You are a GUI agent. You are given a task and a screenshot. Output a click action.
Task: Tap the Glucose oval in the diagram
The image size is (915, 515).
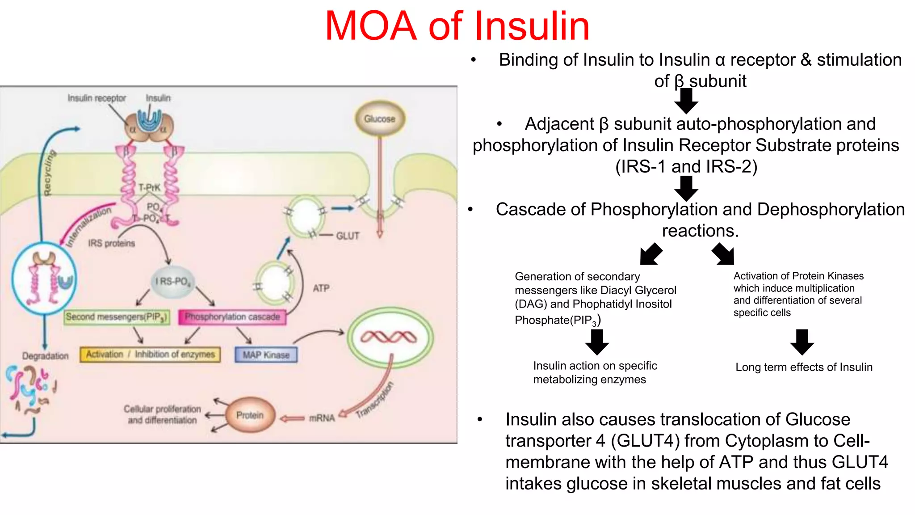pos(380,119)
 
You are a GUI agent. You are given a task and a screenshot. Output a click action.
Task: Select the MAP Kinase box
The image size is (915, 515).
pos(266,355)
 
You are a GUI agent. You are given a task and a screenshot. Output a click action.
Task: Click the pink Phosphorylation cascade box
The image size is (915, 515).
pos(232,317)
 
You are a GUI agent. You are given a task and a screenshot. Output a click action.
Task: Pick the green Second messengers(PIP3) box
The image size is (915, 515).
pos(117,317)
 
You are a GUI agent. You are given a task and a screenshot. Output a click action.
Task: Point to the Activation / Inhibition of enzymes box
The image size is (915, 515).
pos(150,355)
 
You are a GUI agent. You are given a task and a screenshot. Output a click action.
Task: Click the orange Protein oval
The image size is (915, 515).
pos(250,415)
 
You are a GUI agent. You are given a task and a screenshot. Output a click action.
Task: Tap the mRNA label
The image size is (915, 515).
pos(322,418)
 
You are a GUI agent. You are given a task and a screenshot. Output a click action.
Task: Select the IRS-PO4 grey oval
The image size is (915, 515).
pos(172,282)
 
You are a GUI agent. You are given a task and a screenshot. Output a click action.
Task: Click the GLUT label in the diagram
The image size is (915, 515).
pos(348,236)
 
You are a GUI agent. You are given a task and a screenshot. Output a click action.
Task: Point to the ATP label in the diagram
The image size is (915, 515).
pos(321,288)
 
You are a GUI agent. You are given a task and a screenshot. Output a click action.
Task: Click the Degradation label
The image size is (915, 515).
pos(46,356)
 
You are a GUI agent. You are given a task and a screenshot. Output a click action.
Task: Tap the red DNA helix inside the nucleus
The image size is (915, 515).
pos(388,337)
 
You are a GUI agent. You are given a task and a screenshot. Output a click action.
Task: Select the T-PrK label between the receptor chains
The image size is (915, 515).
pos(149,187)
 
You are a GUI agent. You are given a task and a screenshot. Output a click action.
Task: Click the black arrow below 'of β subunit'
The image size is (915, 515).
pos(686,101)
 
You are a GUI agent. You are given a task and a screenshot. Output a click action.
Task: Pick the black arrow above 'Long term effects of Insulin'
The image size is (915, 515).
pos(802,342)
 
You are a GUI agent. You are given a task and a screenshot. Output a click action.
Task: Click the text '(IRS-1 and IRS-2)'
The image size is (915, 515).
pos(686,166)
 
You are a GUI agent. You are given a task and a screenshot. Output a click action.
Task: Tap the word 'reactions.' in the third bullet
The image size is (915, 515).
pos(700,231)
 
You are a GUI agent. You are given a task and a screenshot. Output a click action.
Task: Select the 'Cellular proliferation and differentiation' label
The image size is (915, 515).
pos(162,414)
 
